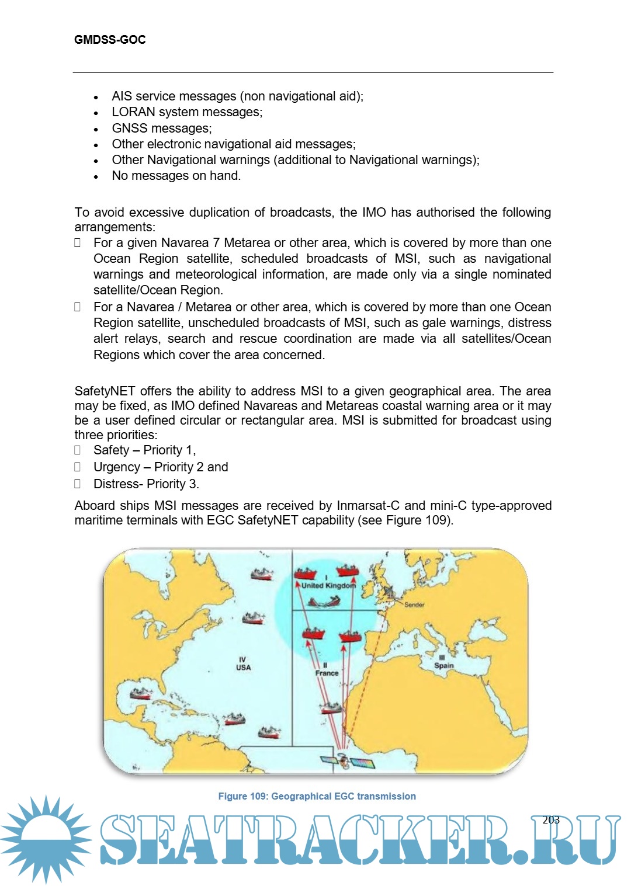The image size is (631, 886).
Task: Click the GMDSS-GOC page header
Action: [110, 40]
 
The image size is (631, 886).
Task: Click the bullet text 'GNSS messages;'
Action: [162, 128]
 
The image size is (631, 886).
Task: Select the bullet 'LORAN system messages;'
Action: [187, 112]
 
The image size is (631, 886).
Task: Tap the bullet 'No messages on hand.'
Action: [176, 176]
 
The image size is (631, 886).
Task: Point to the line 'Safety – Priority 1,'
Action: [144, 450]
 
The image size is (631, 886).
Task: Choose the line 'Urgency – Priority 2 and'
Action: [161, 467]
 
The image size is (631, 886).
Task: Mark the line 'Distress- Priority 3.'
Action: [146, 484]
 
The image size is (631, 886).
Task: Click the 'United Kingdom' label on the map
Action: [328, 585]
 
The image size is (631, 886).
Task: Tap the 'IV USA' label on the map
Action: [243, 664]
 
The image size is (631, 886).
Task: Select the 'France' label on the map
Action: [327, 673]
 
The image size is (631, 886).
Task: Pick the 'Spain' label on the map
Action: [443, 665]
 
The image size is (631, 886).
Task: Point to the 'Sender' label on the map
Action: [414, 605]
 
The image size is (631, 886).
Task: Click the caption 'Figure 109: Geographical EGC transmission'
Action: [317, 796]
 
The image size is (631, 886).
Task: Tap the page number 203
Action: [551, 820]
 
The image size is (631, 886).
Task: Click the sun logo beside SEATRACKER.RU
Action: [46, 839]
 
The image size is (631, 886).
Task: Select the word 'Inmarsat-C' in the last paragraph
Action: [368, 506]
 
